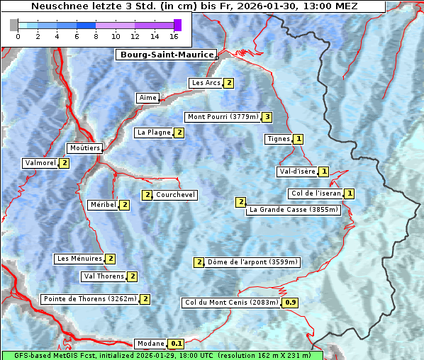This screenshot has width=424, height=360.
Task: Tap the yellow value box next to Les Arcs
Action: tap(229, 83)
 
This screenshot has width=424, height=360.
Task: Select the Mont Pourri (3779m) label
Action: tap(223, 117)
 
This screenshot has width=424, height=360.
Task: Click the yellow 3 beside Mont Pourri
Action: tap(267, 117)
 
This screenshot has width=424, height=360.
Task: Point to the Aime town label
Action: tap(147, 98)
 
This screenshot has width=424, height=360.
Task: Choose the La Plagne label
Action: tap(154, 133)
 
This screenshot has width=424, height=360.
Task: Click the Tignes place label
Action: tap(278, 139)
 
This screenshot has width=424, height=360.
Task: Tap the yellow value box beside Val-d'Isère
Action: tap(324, 171)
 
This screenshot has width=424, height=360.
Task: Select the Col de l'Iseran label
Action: tap(316, 193)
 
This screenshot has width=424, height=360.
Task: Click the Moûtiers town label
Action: tap(84, 148)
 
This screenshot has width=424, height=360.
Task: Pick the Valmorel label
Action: tap(40, 163)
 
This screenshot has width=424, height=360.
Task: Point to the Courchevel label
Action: tap(176, 195)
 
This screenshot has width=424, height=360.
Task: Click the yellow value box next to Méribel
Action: tap(125, 205)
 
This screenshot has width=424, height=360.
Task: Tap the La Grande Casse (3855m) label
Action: tap(294, 210)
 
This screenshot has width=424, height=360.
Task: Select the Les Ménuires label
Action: tap(79, 259)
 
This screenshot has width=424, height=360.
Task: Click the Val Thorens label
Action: tap(104, 276)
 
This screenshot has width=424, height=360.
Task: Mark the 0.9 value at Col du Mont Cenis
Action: tap(291, 303)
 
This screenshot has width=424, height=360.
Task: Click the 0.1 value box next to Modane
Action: tap(177, 344)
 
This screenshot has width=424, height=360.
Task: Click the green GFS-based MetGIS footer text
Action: tap(162, 355)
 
